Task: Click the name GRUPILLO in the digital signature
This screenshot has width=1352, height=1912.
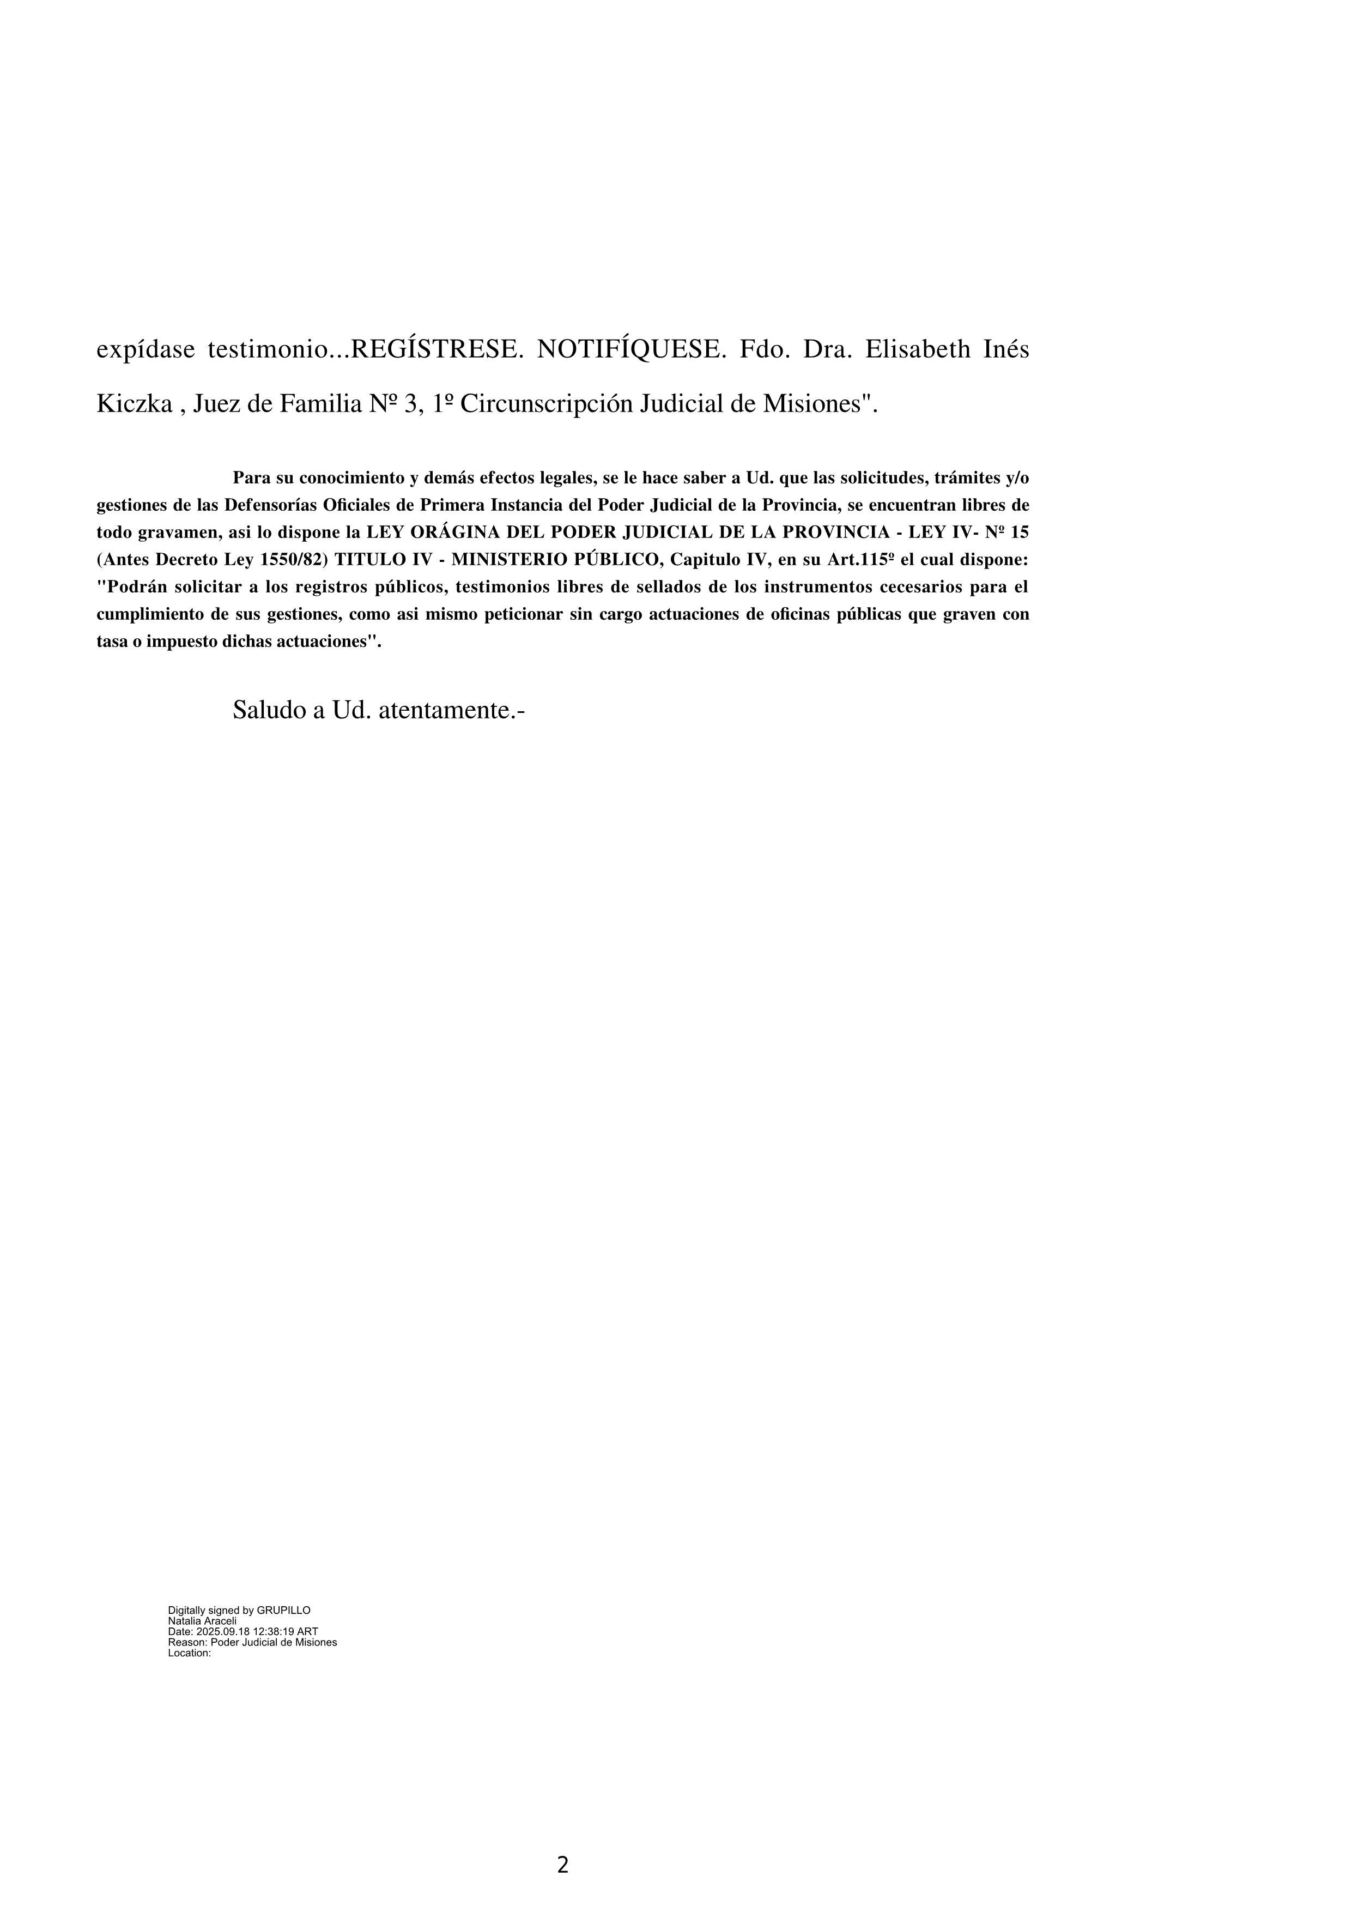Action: tap(284, 1611)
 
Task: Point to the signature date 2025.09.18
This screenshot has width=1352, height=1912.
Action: tap(223, 1631)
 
